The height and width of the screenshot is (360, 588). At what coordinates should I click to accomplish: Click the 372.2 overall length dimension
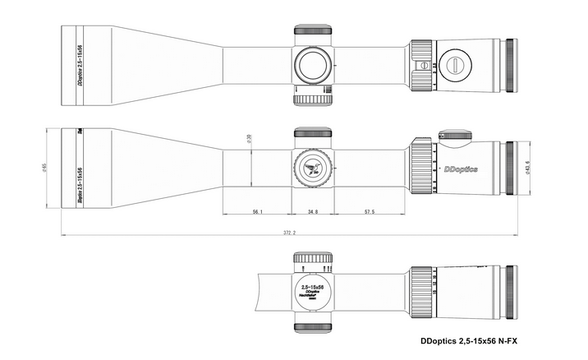tap(288, 233)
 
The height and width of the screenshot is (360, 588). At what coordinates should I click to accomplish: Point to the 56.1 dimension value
tap(257, 212)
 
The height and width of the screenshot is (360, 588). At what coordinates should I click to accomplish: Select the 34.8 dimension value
tap(312, 212)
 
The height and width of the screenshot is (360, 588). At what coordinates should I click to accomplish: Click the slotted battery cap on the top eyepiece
tap(455, 62)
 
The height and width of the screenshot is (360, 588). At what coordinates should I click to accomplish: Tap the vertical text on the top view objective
tap(80, 62)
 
